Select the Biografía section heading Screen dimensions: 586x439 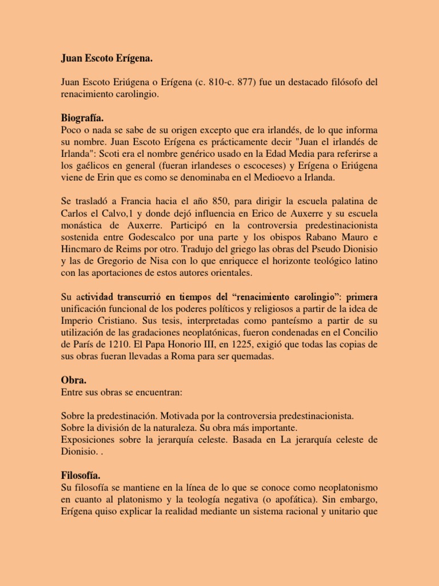coord(82,118)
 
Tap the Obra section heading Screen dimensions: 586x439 coord(73,380)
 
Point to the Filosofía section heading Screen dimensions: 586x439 coord(81,475)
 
